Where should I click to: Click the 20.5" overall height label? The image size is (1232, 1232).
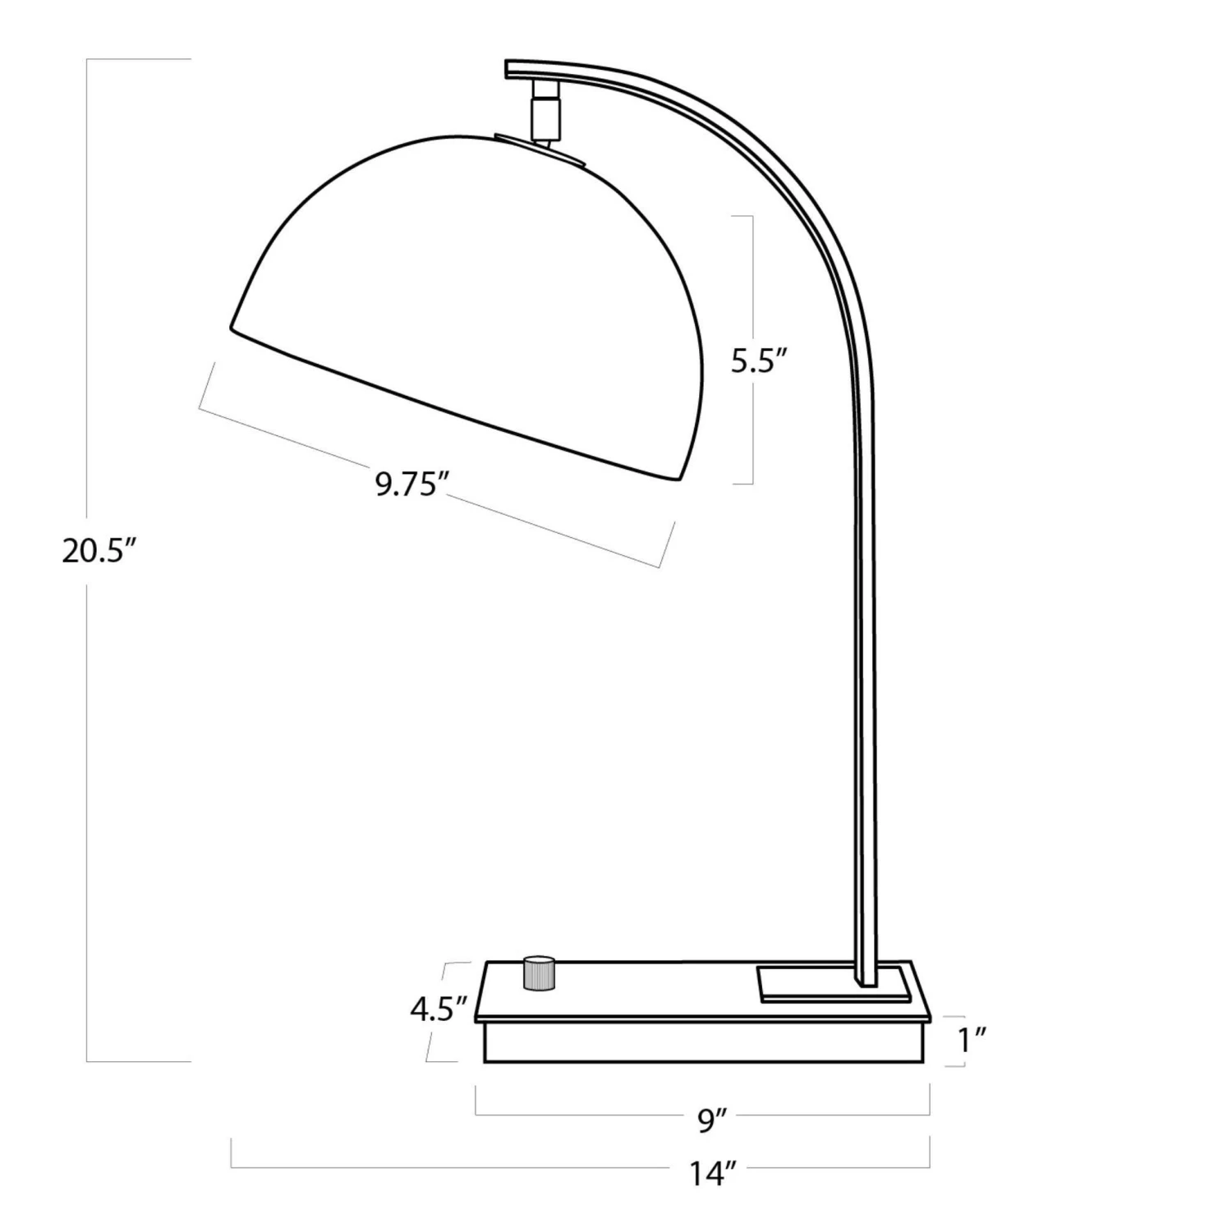(98, 549)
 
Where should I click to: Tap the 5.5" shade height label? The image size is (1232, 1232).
(760, 361)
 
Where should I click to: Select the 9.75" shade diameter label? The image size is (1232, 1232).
(409, 485)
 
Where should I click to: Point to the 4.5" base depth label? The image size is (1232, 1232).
(439, 1009)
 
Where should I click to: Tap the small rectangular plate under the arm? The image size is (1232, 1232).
(834, 983)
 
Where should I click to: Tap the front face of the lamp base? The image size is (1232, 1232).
(706, 1042)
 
